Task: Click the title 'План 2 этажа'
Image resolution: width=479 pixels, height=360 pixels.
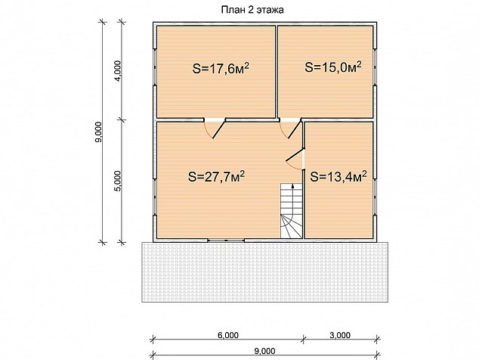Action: tap(252, 10)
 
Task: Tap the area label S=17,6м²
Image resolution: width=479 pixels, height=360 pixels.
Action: tap(221, 68)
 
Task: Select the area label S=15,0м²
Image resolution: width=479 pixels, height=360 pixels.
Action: tap(333, 67)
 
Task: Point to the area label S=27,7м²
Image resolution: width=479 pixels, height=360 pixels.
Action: tap(216, 176)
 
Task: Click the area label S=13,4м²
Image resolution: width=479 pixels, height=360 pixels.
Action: tap(338, 176)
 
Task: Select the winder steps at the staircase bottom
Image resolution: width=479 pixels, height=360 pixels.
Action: tap(292, 227)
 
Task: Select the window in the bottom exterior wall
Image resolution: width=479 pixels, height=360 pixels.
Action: tap(226, 241)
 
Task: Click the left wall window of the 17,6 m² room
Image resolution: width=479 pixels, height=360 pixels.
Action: tap(155, 67)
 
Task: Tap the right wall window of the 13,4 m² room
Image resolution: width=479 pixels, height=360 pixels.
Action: tap(375, 197)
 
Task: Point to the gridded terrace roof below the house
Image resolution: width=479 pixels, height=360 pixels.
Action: tap(265, 272)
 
